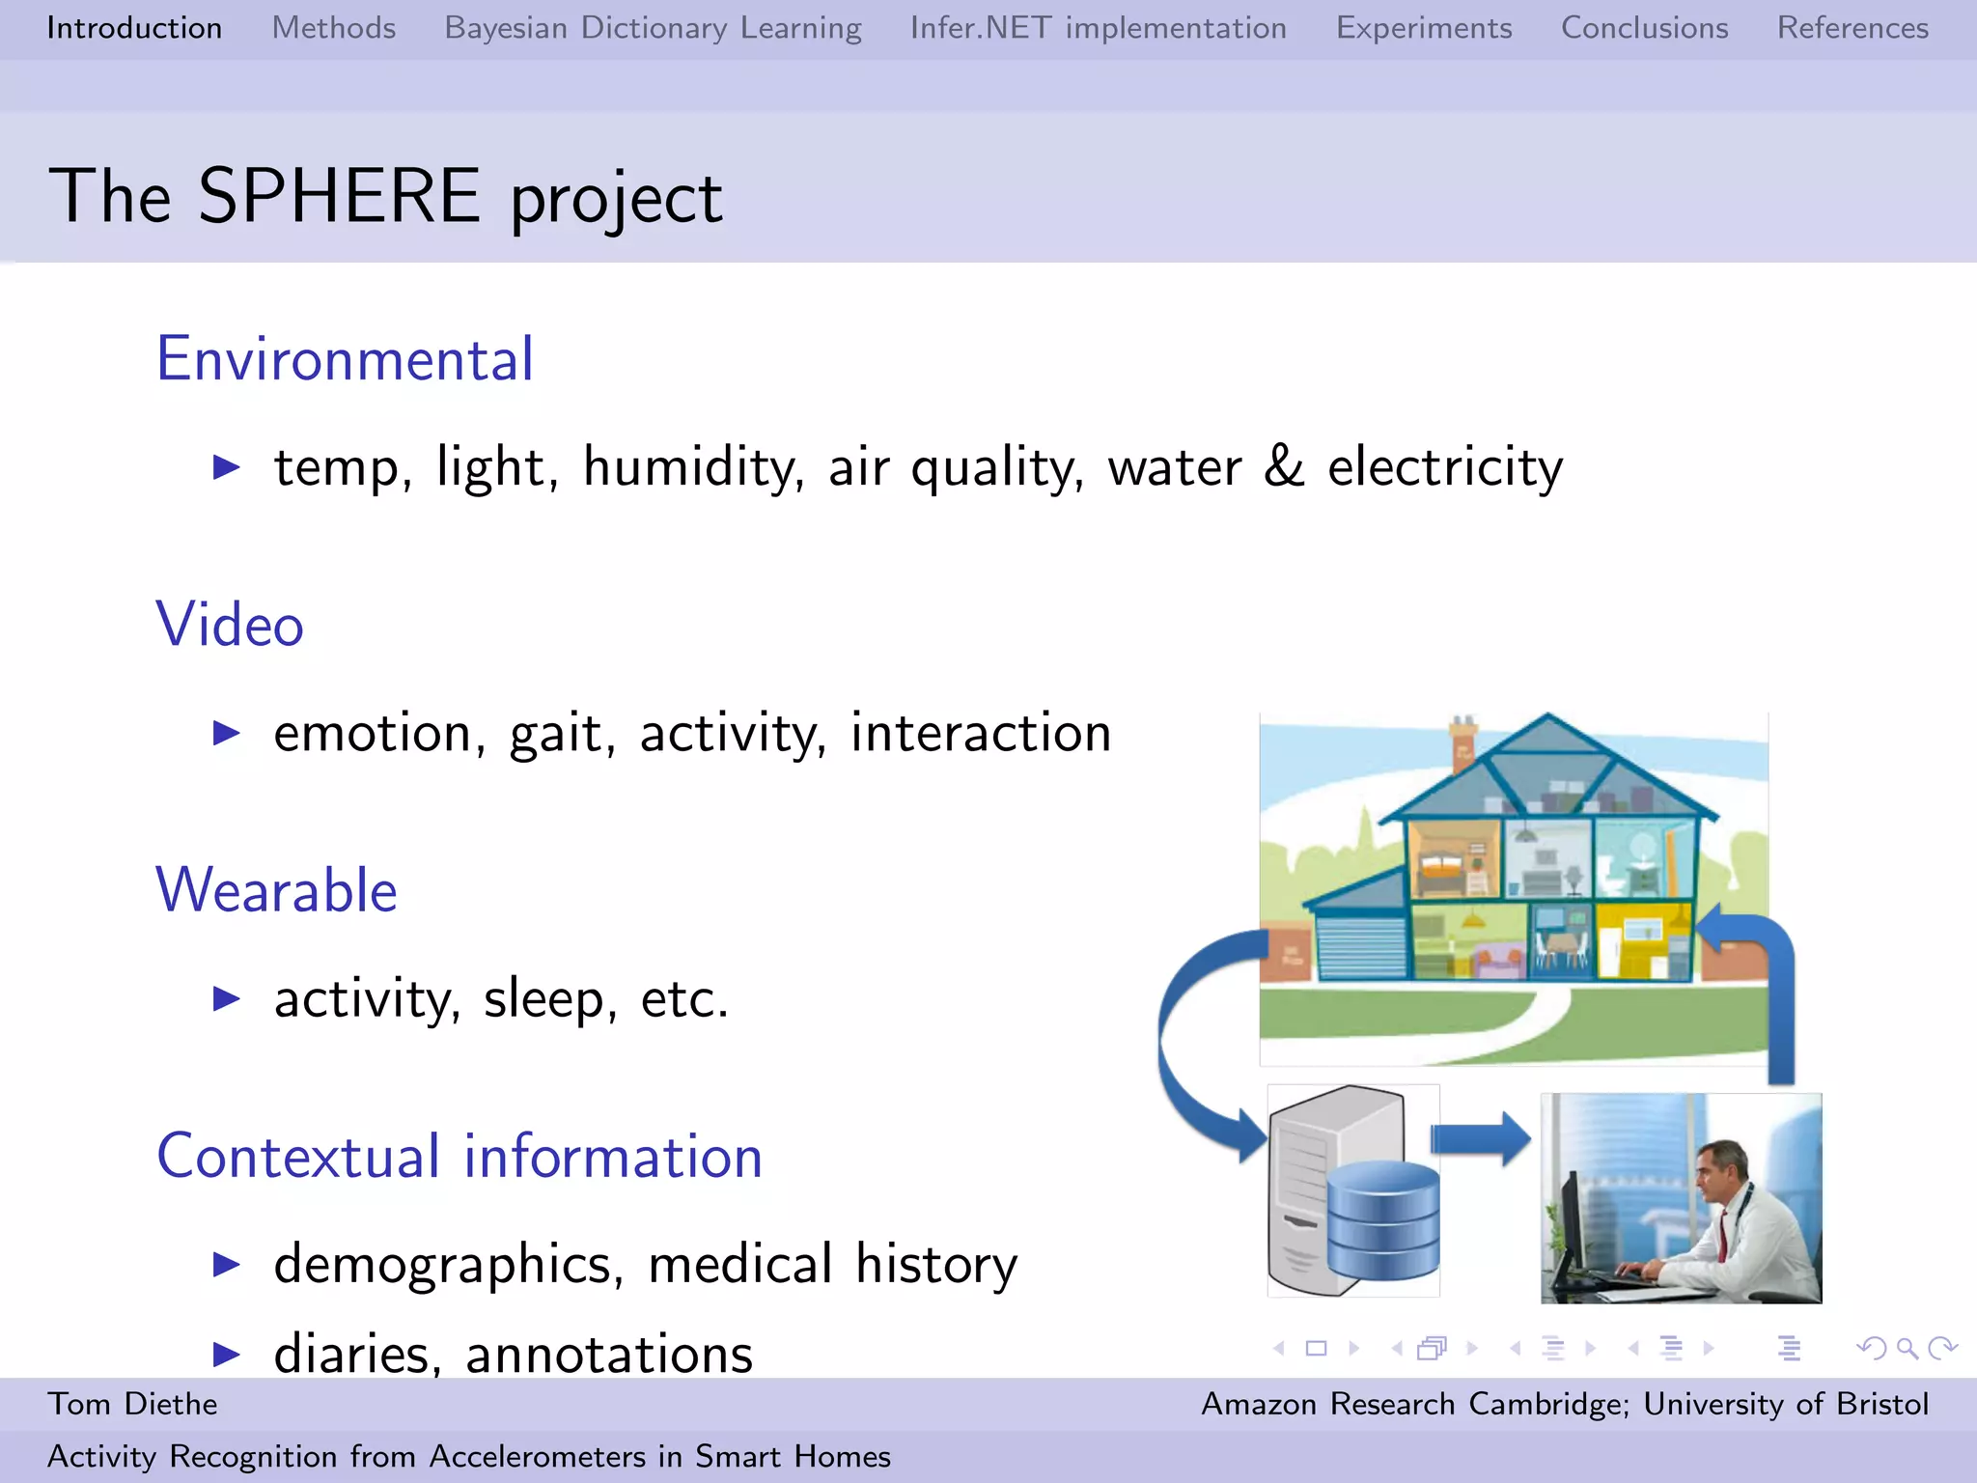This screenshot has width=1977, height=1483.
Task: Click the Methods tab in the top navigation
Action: click(333, 28)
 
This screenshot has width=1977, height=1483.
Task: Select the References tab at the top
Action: click(1852, 28)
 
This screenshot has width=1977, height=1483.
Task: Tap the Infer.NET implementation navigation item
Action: click(1098, 28)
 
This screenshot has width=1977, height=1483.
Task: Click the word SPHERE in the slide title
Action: click(339, 196)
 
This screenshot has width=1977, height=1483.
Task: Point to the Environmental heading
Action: click(345, 359)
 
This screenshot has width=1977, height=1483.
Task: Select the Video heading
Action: click(230, 625)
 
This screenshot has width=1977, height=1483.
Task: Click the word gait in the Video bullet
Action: click(561, 734)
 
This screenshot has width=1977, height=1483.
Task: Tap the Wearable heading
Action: click(276, 890)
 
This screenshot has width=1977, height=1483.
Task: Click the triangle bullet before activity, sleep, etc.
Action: click(226, 998)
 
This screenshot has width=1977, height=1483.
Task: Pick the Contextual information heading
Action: click(459, 1156)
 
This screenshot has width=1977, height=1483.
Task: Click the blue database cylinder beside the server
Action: click(1382, 1218)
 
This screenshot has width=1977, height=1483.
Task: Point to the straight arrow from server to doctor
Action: click(1479, 1139)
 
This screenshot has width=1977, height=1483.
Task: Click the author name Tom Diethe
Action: click(132, 1404)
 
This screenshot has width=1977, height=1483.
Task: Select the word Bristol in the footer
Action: click(1881, 1404)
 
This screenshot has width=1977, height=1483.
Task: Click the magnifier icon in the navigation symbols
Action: click(1907, 1348)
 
